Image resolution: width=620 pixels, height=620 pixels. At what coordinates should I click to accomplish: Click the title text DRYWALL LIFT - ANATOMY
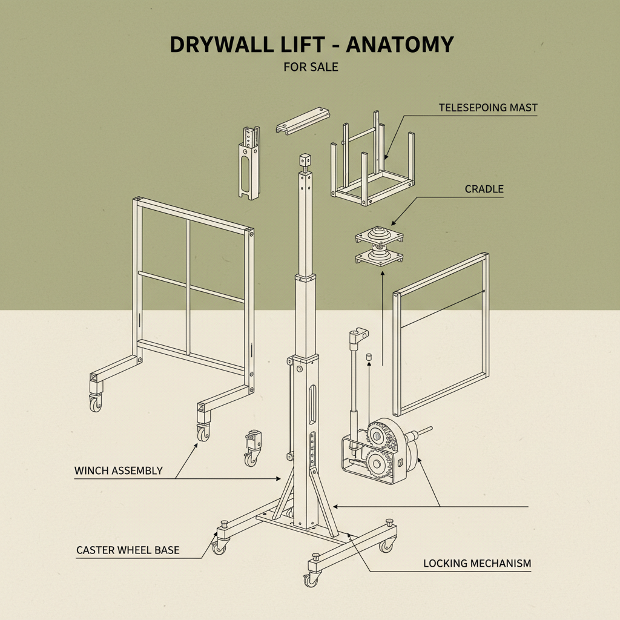(311, 45)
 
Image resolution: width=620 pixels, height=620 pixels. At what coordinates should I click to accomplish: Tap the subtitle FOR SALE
(311, 67)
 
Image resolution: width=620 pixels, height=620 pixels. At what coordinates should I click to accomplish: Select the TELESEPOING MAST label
(488, 108)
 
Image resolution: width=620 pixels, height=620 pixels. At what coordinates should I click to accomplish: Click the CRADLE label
(484, 189)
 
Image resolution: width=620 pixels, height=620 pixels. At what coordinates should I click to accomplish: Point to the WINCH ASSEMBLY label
(118, 470)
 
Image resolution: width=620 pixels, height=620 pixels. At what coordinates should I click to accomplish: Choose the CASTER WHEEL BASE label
(128, 550)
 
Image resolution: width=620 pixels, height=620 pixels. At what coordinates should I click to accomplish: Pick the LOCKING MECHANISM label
(477, 563)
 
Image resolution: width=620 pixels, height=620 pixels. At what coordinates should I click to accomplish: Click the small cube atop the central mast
(305, 161)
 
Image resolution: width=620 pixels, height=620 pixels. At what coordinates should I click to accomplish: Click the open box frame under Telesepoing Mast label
(372, 167)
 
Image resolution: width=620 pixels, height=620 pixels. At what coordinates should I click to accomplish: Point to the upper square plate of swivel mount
(379, 236)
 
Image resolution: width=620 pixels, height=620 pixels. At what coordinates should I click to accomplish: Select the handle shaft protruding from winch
(421, 434)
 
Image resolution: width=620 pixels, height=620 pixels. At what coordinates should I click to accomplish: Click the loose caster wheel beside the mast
(251, 447)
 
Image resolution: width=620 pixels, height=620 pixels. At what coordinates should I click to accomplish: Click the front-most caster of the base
(311, 579)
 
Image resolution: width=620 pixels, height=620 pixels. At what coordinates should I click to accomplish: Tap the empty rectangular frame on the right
(441, 334)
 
